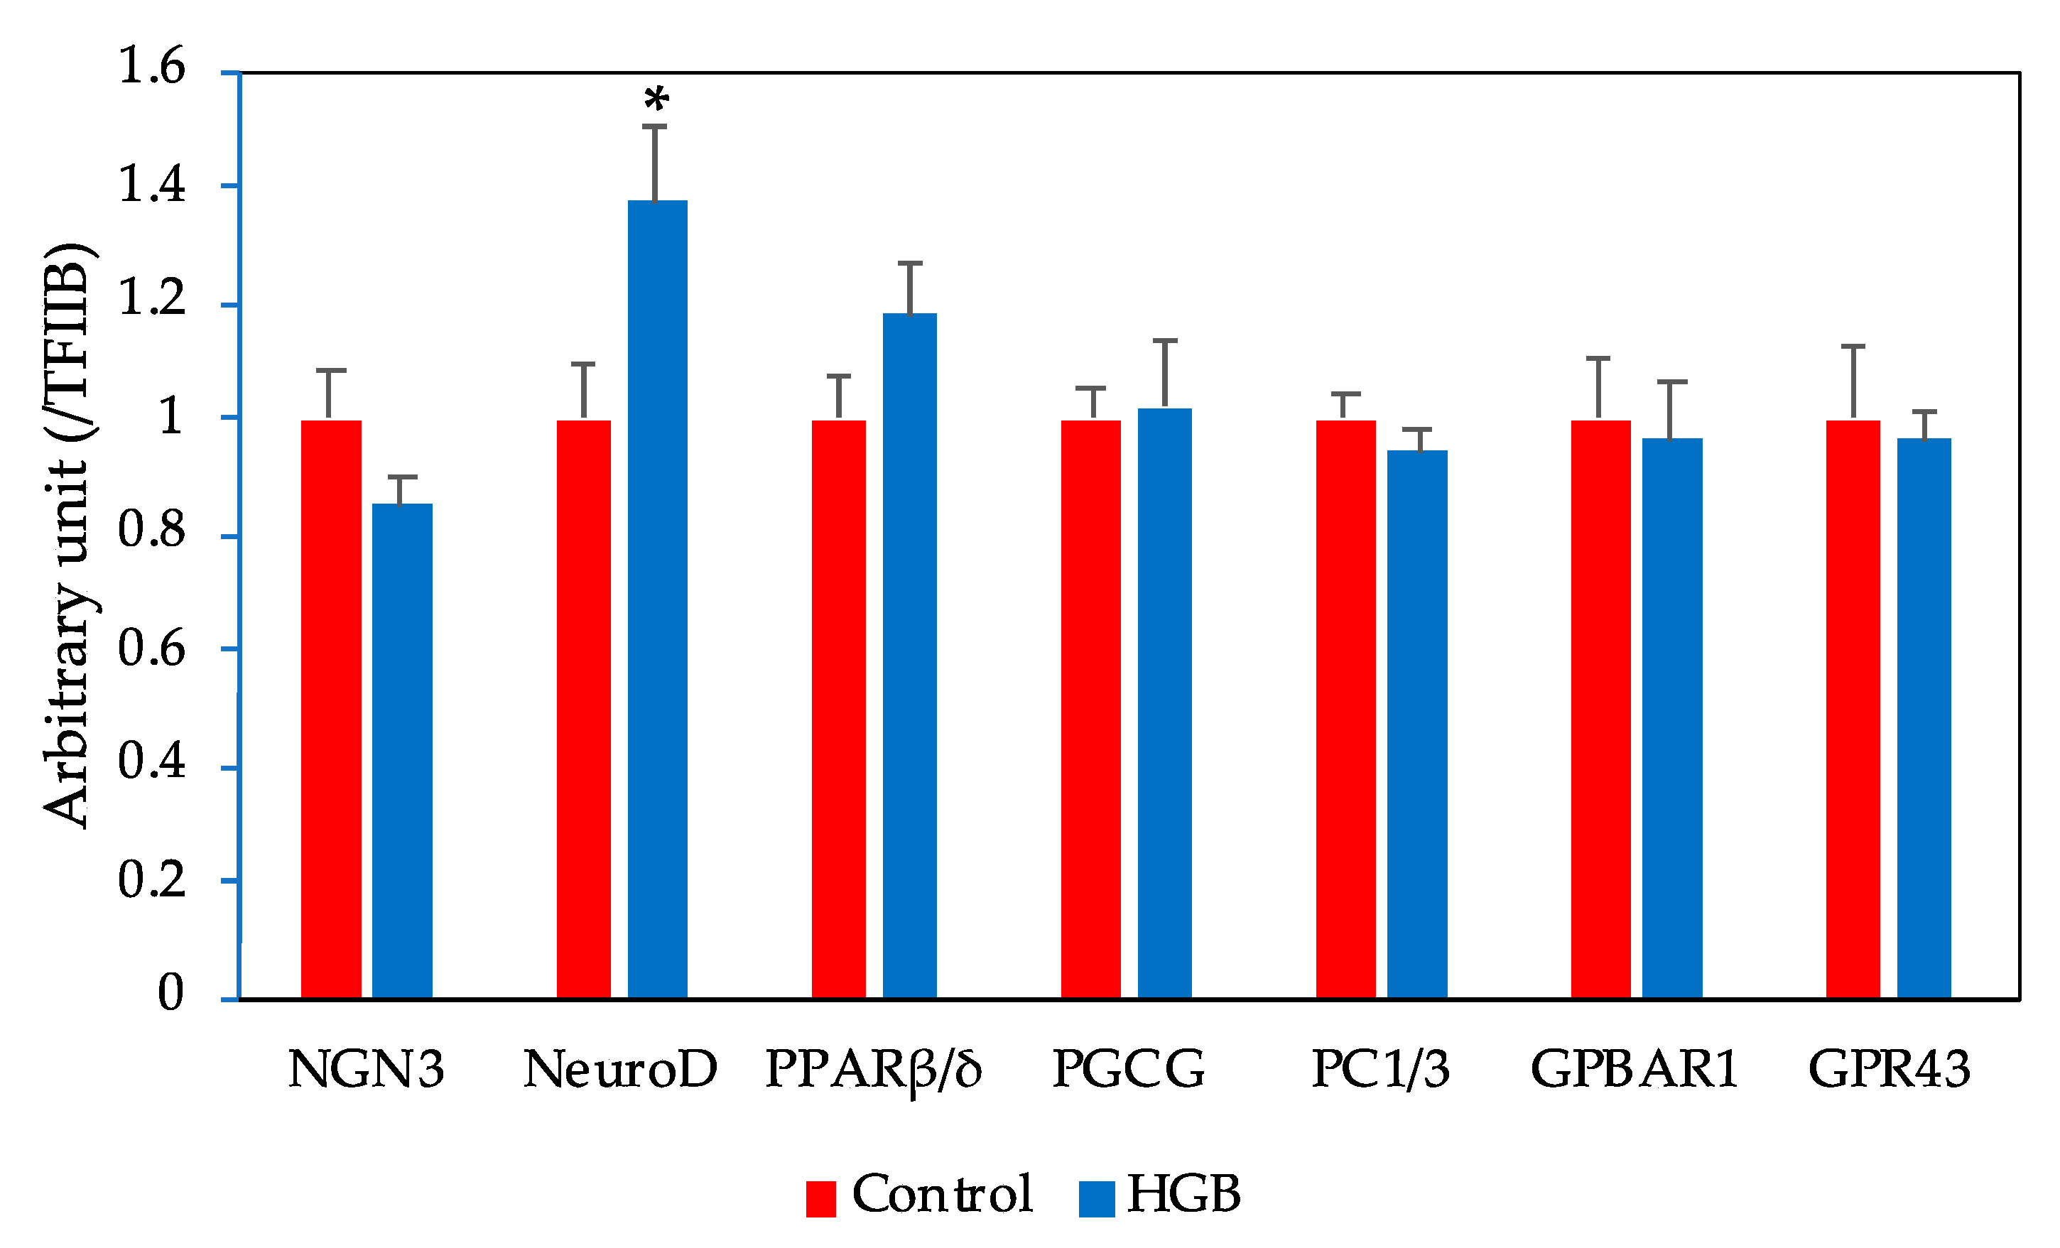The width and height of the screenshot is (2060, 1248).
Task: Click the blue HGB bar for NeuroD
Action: pyautogui.click(x=657, y=599)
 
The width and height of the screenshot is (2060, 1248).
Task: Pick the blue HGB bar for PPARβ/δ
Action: pyautogui.click(x=910, y=656)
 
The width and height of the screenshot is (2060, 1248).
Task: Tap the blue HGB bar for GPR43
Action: pyautogui.click(x=1924, y=718)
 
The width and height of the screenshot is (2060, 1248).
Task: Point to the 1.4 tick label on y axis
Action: pyautogui.click(x=151, y=185)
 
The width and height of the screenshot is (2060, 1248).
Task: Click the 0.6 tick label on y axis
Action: pyautogui.click(x=151, y=649)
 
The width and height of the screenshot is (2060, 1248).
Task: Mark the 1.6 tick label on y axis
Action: pyautogui.click(x=151, y=66)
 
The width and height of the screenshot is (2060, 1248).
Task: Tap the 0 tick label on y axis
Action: pyautogui.click(x=170, y=993)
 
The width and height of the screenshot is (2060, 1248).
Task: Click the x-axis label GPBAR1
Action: pyautogui.click(x=1634, y=1069)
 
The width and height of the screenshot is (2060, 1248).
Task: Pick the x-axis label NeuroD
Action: pyautogui.click(x=619, y=1069)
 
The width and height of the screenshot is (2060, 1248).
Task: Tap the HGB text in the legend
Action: pyautogui.click(x=1183, y=1195)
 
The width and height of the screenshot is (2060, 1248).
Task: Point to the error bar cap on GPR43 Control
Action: pyautogui.click(x=1853, y=346)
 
